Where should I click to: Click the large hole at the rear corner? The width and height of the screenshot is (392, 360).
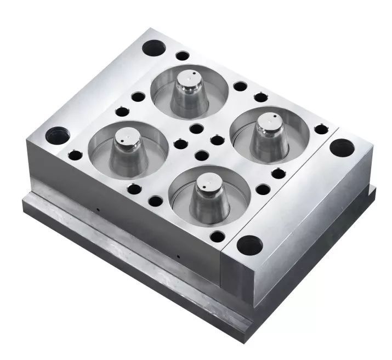click(x=154, y=48)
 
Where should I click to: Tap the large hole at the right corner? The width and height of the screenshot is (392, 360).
click(x=342, y=147)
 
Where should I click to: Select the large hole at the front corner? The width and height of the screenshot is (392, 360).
click(x=249, y=244)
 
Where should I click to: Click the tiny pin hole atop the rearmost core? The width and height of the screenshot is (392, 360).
click(x=192, y=72)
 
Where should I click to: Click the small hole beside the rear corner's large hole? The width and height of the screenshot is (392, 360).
click(x=183, y=55)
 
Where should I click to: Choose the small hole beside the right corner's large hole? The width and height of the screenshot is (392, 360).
click(x=321, y=129)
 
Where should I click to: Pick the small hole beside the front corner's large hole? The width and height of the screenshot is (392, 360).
click(x=218, y=236)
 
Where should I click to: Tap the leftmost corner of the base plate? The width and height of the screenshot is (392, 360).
click(x=23, y=207)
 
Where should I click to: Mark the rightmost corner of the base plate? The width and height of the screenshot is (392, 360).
click(x=376, y=189)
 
